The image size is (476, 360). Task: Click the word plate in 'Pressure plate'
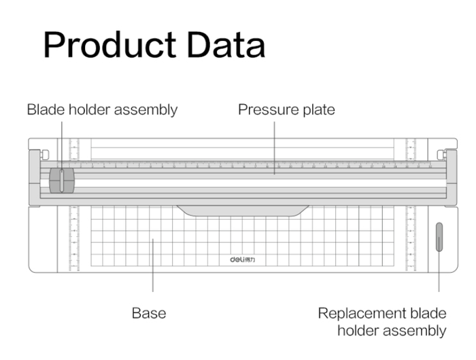pyautogui.click(x=316, y=110)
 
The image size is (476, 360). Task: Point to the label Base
pyautogui.click(x=149, y=313)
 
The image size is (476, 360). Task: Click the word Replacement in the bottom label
pyautogui.click(x=360, y=313)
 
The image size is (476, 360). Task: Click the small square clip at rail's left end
pyautogui.click(x=45, y=155)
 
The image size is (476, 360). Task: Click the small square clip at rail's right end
pyautogui.click(x=441, y=155)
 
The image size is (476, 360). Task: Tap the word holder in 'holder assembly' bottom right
pyautogui.click(x=358, y=331)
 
